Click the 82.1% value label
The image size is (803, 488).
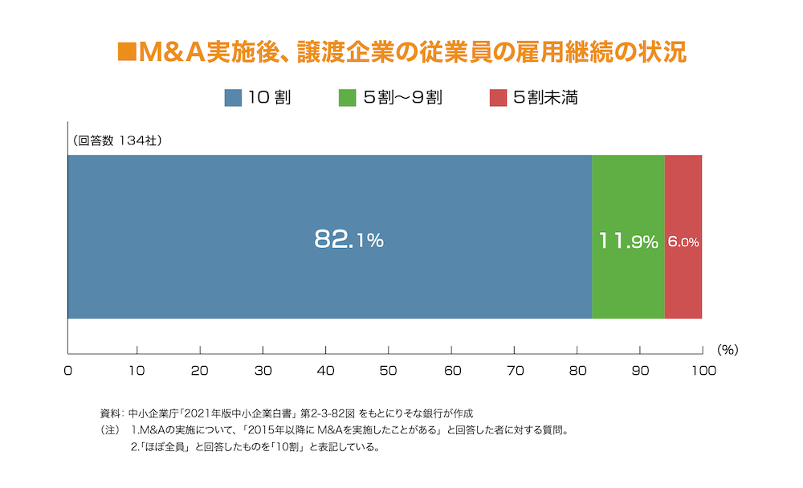349,239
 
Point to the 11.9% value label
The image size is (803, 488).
628,241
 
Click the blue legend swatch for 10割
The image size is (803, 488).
233,98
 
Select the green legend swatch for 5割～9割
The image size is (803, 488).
348,98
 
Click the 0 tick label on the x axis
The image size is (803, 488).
68,370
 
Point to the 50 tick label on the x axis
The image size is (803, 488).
389,370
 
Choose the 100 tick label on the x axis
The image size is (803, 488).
703,370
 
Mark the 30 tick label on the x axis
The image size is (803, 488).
263,370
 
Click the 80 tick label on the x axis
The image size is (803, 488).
577,370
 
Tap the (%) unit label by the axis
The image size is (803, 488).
727,350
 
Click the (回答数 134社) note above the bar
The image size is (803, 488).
117,140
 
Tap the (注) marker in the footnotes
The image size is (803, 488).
110,431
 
